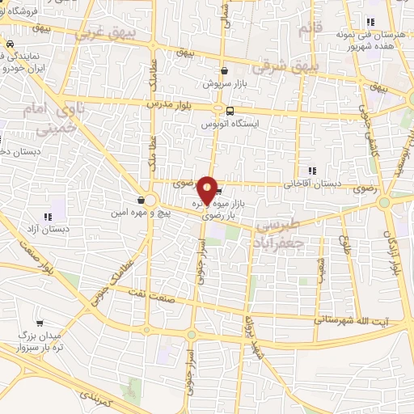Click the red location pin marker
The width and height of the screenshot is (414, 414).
208,189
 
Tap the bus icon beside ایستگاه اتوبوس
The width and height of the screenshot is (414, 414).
230,112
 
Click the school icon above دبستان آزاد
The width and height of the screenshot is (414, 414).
47,217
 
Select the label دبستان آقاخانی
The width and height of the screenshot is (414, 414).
312,184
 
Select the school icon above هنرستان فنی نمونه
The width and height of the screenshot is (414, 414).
370,22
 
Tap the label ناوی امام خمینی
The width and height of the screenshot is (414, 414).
58,118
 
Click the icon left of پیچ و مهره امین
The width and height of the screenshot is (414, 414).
141,200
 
